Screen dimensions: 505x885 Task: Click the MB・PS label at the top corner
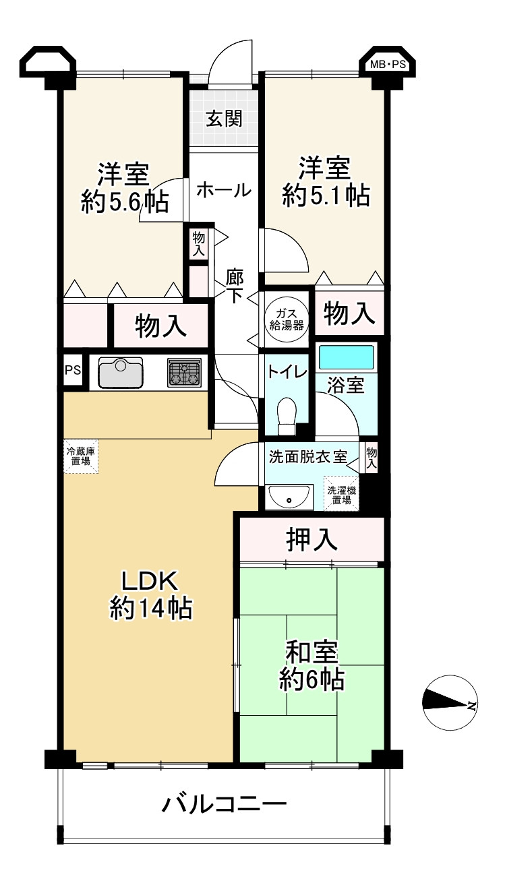tap(388, 65)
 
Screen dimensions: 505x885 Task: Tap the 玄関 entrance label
tap(224, 118)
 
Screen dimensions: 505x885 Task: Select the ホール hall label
tap(224, 191)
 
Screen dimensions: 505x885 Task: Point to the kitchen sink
tap(121, 372)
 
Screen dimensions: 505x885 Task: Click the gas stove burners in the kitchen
tap(184, 372)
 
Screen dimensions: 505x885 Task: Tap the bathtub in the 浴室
tap(346, 357)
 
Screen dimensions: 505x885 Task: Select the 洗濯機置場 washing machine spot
tap(341, 494)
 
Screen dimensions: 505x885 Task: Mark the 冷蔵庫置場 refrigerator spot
tap(81, 456)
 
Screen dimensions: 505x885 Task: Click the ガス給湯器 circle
tap(287, 319)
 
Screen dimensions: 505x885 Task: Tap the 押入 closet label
tap(311, 540)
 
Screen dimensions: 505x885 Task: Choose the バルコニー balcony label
tap(224, 803)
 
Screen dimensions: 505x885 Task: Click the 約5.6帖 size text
tap(125, 202)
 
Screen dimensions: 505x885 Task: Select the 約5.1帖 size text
tap(326, 195)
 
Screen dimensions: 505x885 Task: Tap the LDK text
tap(151, 582)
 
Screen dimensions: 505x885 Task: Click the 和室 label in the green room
tap(312, 652)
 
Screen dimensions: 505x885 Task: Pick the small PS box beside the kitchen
tap(73, 370)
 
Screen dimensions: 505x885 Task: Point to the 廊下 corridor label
tap(235, 286)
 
